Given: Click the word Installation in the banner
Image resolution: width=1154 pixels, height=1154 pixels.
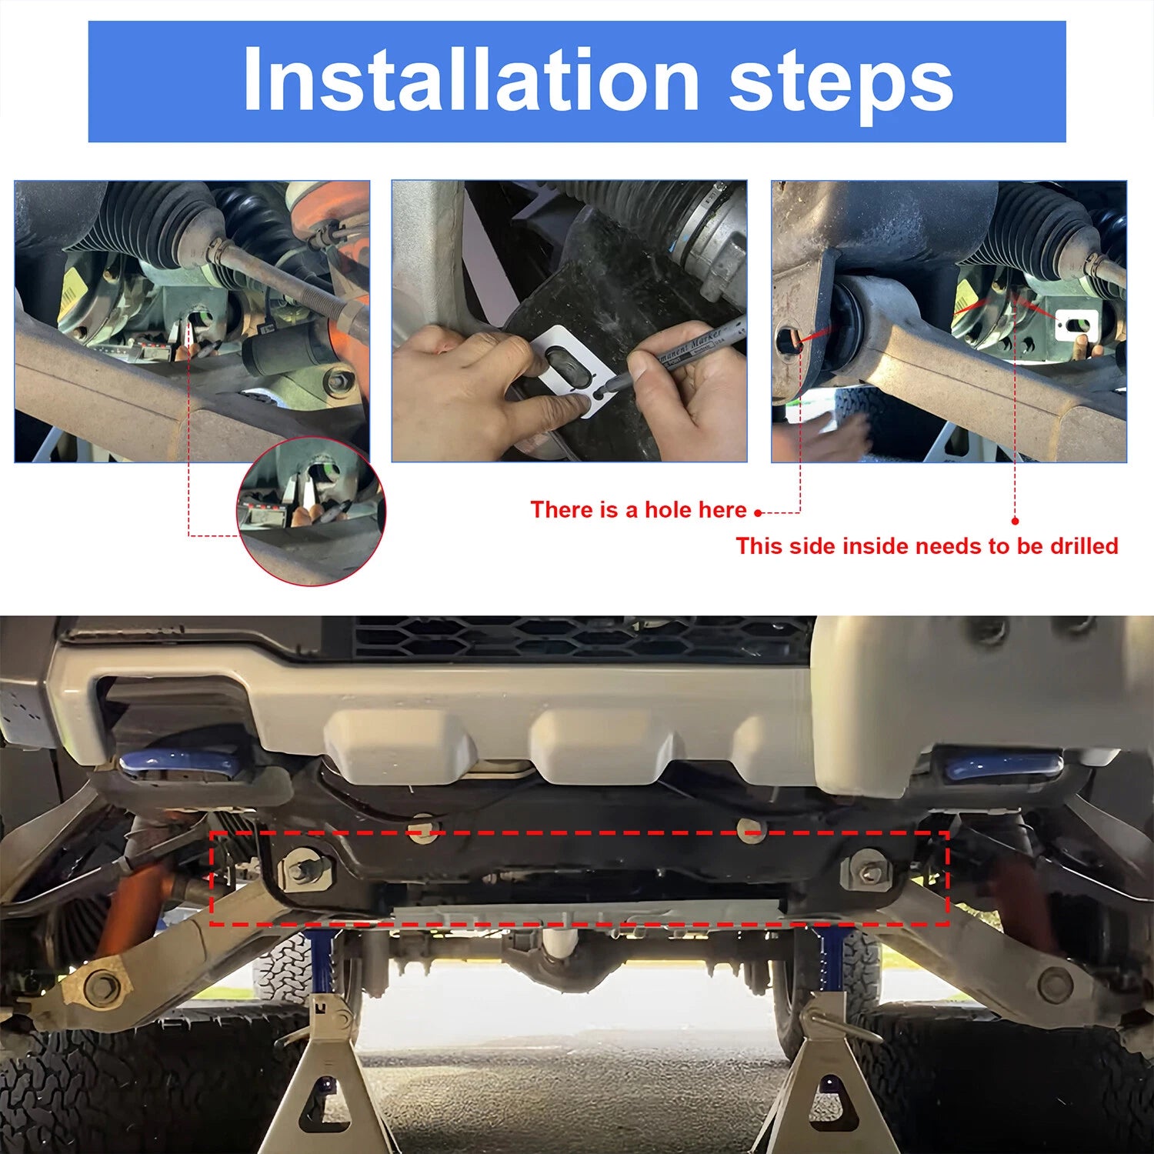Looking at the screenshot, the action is click(471, 80).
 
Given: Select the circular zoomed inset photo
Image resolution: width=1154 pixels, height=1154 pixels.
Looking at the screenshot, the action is click(311, 512).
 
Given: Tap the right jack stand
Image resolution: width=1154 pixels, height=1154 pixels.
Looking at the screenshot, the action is click(822, 1077).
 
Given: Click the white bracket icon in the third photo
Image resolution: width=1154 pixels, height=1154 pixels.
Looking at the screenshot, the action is click(1076, 325).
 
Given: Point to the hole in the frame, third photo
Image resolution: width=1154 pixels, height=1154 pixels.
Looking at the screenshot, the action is click(789, 341).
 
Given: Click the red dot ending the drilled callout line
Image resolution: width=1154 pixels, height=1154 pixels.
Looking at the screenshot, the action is click(1015, 521).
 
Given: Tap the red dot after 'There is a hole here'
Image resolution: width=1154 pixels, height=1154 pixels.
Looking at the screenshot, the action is click(758, 512).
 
